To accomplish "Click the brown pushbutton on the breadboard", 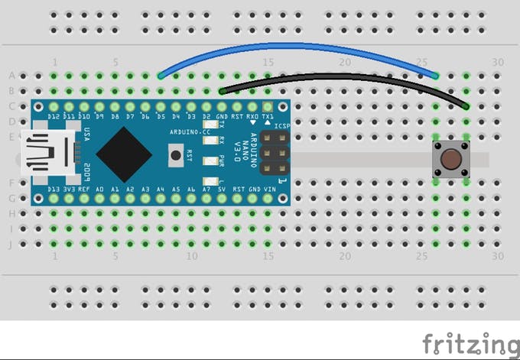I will point(450,159).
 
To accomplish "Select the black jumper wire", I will point(344,77).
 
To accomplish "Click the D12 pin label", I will point(54,116).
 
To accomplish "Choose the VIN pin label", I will point(268,189).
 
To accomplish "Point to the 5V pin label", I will point(223,189).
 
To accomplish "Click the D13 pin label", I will point(54,189).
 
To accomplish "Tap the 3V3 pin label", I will point(69,189).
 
